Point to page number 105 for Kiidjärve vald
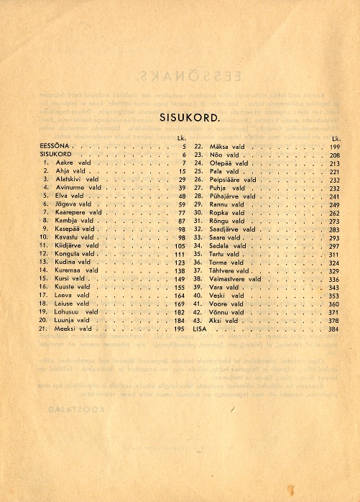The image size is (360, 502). pos(180,246)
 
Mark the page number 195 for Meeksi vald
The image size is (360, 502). pos(180,329)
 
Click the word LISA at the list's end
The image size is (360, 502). pos(200,329)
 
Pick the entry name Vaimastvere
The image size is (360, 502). pos(227,279)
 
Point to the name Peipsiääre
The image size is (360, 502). pos(224,179)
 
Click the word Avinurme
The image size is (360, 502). pos(69,188)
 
